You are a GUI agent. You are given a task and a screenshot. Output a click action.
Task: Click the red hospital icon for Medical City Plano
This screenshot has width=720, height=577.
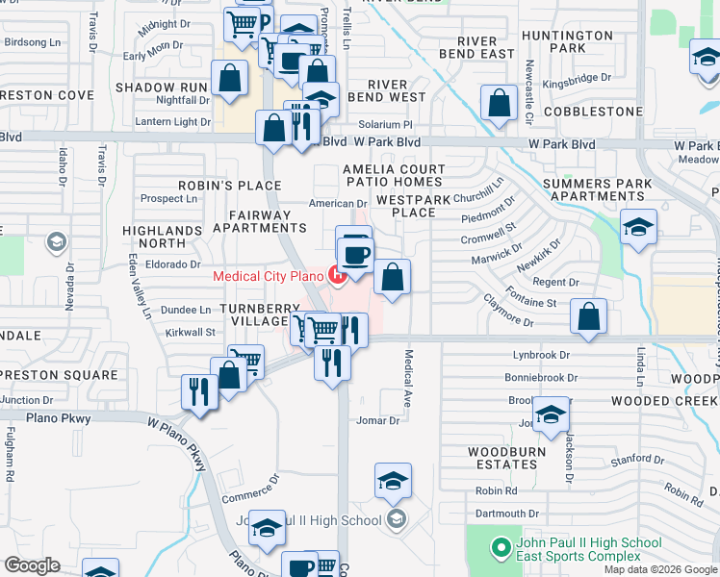(x=338, y=276)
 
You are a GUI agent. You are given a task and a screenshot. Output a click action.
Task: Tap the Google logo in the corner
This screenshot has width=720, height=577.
(x=33, y=565)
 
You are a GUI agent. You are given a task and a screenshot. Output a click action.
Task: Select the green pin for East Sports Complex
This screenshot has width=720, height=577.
(x=500, y=549)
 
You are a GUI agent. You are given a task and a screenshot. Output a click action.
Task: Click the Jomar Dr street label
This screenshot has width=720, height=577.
(x=378, y=420)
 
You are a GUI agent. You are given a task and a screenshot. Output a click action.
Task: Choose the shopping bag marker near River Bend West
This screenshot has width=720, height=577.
(x=499, y=104)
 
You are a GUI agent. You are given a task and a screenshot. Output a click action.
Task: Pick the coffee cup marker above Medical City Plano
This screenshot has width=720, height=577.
(x=355, y=252)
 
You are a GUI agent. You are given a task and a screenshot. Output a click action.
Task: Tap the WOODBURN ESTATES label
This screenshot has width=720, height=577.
(x=506, y=458)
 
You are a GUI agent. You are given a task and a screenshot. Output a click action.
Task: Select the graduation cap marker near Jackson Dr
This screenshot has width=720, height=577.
(x=550, y=415)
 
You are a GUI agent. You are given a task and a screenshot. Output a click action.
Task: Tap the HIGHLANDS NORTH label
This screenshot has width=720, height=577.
(x=162, y=238)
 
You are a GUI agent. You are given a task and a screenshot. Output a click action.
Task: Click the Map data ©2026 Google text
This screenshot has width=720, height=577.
(x=660, y=569)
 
